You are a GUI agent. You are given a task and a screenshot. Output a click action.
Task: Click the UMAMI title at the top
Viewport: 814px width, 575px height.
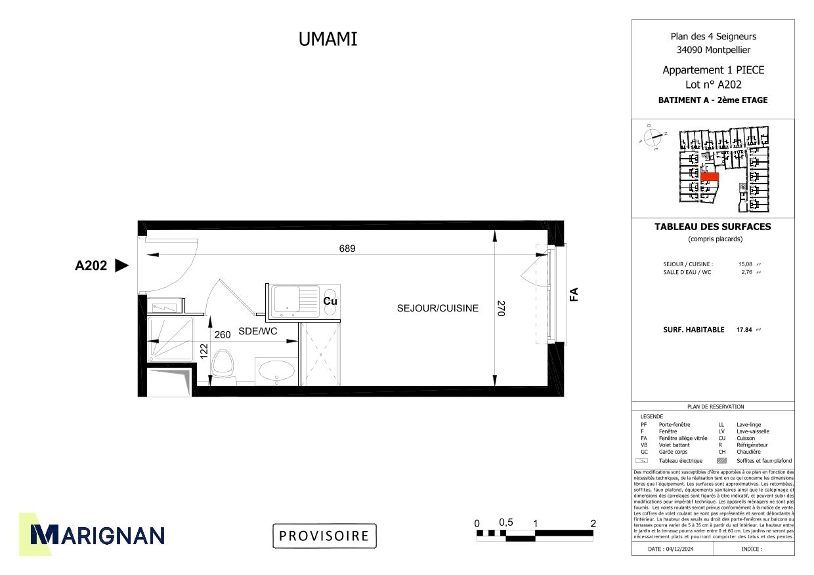[x=328, y=39]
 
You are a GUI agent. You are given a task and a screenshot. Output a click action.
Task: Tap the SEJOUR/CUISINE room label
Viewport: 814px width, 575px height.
[x=438, y=308]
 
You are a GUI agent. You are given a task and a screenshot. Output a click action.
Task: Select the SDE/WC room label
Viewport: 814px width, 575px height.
[x=257, y=332]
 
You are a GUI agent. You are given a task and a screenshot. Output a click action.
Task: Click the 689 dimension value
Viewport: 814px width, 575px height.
[x=347, y=248]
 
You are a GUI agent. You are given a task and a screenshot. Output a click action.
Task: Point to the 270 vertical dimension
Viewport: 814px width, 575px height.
[x=500, y=309]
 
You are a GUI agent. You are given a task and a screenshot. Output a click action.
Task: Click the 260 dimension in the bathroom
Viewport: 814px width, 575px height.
[x=223, y=334]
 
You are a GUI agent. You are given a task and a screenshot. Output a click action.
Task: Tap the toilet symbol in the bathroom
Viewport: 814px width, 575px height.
[x=223, y=365]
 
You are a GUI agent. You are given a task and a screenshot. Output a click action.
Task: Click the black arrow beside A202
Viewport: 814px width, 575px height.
[x=121, y=266]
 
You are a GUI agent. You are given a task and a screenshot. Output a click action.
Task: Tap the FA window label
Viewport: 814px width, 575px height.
[x=573, y=294]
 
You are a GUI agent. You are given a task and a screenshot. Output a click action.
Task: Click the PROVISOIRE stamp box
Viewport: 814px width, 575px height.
[x=324, y=536]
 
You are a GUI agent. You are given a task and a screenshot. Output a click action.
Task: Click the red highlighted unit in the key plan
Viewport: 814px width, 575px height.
[x=710, y=177]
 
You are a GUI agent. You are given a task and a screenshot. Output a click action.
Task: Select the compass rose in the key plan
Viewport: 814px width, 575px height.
[x=653, y=138]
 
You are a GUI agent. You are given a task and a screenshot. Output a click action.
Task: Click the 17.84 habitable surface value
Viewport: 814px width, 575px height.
[x=744, y=330]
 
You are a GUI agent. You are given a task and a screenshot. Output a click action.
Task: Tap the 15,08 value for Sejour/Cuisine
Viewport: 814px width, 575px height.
[x=746, y=264]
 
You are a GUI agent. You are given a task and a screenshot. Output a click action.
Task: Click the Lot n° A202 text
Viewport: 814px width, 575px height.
[x=713, y=85]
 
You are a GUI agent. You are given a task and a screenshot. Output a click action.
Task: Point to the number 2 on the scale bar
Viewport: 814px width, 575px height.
[x=593, y=523]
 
